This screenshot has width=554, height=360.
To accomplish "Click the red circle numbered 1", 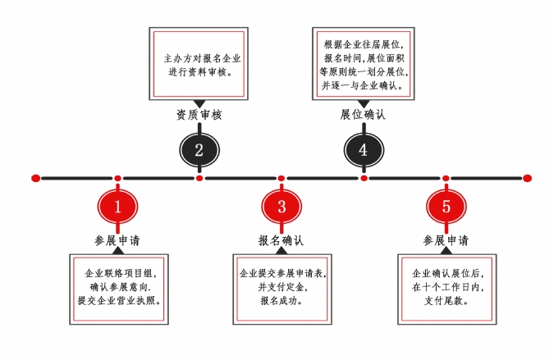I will tap(117, 206).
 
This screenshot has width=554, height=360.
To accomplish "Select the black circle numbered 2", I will tap(199, 149).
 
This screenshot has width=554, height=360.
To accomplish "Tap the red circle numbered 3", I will tap(282, 206).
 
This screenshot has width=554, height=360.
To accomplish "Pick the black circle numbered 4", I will tap(364, 149).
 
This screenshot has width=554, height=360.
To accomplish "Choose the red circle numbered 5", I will tap(446, 206).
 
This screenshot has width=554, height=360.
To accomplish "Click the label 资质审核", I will tap(199, 115).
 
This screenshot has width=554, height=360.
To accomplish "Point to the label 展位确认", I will tap(364, 115).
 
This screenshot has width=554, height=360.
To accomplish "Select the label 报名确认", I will tap(282, 240).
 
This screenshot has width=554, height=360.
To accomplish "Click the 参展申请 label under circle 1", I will tap(117, 240).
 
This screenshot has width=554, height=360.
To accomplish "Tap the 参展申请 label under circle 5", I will tap(446, 240).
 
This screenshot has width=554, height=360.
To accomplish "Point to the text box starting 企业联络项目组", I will tap(117, 286).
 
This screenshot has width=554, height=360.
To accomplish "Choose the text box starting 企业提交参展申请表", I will tap(282, 286).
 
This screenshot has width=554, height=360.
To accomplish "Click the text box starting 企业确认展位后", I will tap(446, 286).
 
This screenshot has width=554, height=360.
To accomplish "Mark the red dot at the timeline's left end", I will tap(35, 177).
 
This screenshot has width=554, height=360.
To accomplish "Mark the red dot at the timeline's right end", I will tap(528, 177).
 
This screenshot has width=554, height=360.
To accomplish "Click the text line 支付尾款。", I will tap(446, 301).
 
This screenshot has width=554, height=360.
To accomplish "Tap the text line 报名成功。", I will tap(282, 301).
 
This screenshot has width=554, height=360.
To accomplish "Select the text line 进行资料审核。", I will tap(199, 71).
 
